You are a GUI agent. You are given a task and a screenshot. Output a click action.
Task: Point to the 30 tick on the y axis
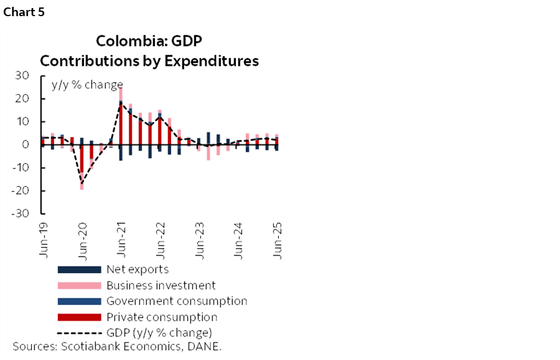coord(22,76)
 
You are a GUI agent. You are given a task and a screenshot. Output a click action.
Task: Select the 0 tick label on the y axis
coord(27,145)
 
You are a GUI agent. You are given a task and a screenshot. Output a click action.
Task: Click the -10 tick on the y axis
coord(21,168)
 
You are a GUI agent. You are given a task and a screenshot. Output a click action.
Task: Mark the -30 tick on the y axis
coord(21,213)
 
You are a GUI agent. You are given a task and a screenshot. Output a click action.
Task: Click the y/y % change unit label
coord(86,85)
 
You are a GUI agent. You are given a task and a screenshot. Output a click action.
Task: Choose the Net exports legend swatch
coord(79,270)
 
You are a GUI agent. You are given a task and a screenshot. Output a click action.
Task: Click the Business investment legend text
coord(161,285)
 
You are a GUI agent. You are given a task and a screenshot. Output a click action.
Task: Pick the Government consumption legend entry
coord(176,301)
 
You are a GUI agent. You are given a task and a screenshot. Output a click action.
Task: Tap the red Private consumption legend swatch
coord(79,317)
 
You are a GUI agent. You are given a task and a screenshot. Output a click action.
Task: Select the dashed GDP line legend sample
coord(79,333)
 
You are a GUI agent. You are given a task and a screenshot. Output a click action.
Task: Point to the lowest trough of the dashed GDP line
coord(82,183)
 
